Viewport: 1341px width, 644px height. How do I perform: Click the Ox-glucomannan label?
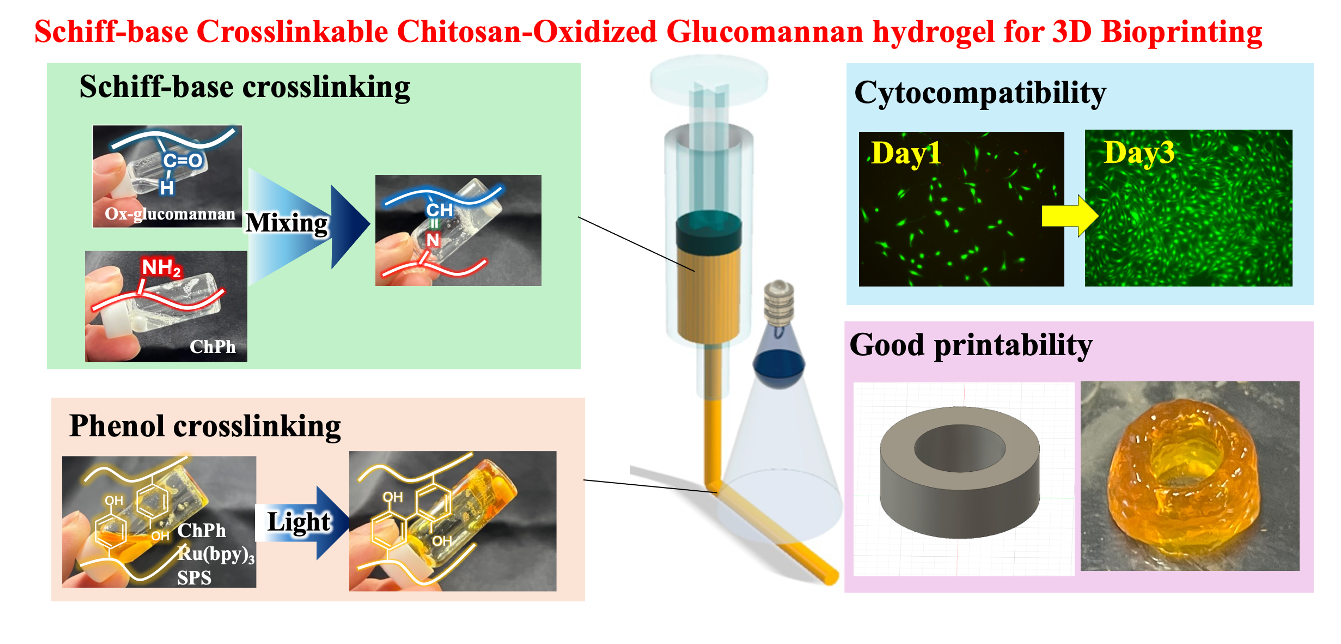click(170, 214)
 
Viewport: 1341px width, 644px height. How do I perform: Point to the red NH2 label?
click(161, 268)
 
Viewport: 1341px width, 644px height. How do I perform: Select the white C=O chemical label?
click(182, 160)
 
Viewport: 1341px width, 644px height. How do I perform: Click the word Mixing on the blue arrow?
click(286, 223)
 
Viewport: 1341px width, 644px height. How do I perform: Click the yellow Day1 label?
click(906, 153)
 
